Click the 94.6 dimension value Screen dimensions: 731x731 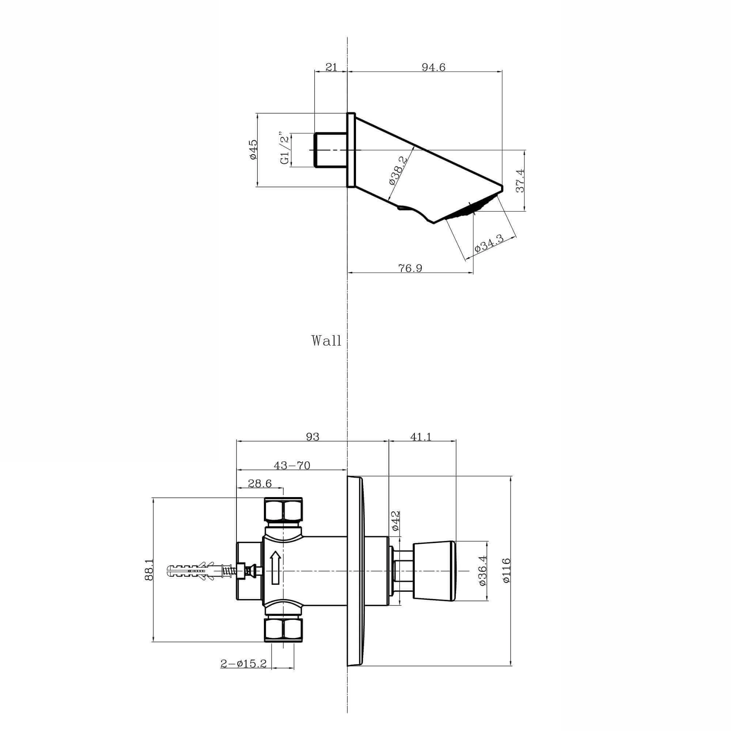coord(433,67)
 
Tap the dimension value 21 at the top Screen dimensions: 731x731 coord(331,67)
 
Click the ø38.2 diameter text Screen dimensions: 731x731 coord(398,170)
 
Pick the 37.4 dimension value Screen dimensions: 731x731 coord(520,181)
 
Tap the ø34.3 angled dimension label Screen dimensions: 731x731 coord(488,243)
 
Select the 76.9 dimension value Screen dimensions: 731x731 coord(410,268)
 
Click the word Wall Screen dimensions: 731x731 coord(326,341)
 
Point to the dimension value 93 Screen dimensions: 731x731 coord(313,437)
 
